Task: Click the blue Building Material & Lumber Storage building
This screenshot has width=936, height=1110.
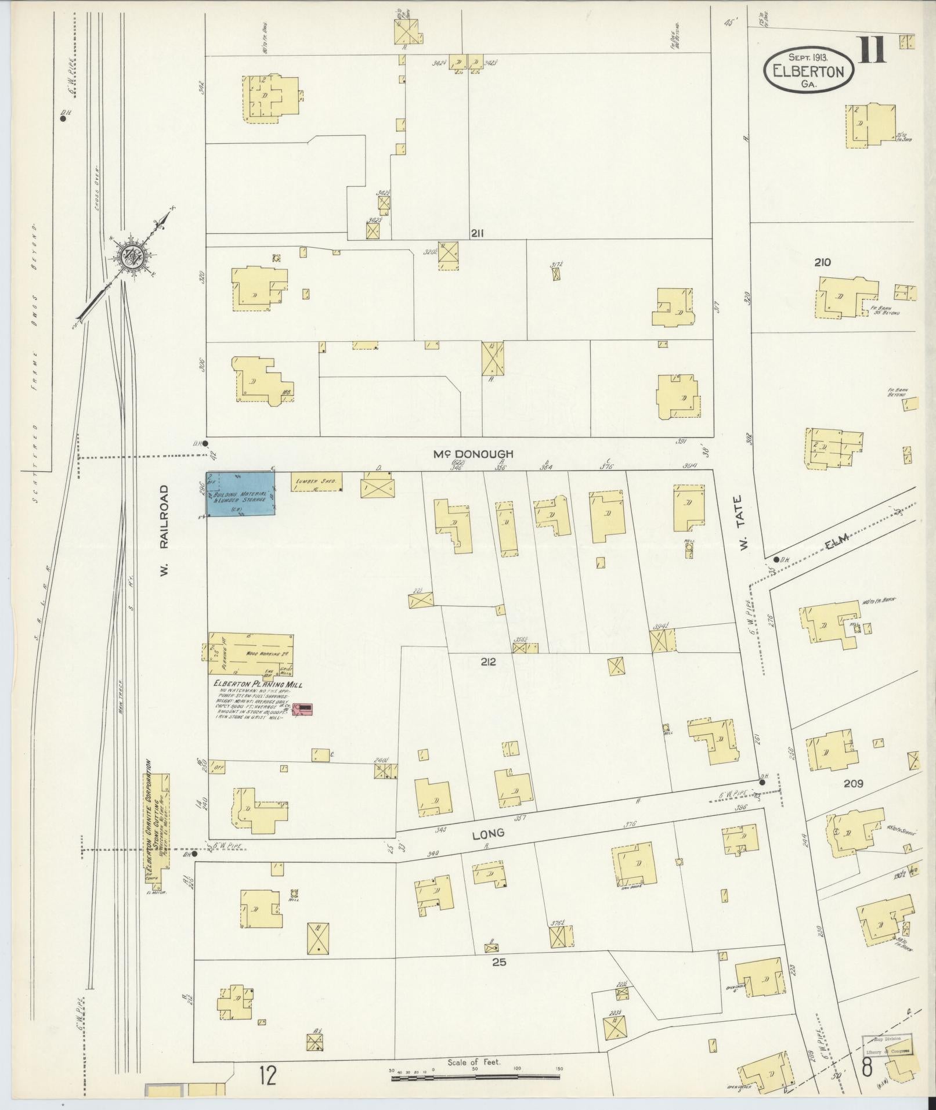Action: tap(241, 493)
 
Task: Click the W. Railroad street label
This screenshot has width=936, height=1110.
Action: tap(165, 530)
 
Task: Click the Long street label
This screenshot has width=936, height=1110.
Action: tap(487, 834)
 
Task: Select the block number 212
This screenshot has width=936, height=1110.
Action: tap(488, 661)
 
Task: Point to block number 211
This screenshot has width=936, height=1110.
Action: tap(477, 233)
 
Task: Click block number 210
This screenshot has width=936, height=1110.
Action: tap(822, 262)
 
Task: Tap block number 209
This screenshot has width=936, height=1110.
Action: tap(854, 783)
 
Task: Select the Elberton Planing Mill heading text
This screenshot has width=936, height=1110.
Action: tap(258, 685)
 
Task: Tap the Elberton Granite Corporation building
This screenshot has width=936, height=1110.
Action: tap(157, 823)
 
